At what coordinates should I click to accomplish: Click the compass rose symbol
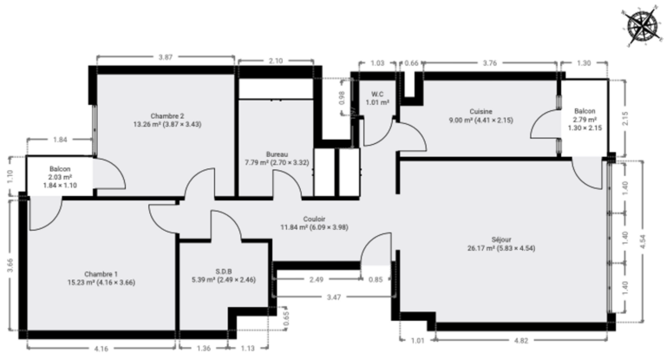pos(641,26)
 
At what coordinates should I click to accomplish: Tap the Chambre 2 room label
pos(167,116)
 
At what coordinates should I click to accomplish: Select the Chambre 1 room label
pos(101,274)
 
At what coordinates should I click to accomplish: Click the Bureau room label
pos(277,154)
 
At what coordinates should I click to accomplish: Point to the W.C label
pos(377,94)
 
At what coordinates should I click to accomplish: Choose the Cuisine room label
pos(480,111)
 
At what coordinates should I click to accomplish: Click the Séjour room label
pos(501,239)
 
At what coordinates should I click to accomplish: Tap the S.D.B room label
pos(224,272)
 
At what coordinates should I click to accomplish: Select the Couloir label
pos(314,219)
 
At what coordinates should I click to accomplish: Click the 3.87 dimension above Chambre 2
pos(166,57)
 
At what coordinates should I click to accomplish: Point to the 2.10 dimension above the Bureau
pos(276,61)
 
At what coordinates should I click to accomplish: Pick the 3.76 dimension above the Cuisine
pos(490,63)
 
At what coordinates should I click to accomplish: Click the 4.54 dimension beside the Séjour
pos(643,241)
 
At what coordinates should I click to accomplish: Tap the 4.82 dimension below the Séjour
pos(521,340)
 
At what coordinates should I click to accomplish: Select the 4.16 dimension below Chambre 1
pos(101,349)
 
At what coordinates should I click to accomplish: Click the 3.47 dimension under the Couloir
pos(334,297)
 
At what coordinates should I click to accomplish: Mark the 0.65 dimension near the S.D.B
pos(286,318)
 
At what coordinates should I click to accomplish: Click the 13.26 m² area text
pos(146,125)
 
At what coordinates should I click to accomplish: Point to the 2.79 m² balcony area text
pos(584,120)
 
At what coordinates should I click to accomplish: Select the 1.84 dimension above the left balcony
pos(60,140)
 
